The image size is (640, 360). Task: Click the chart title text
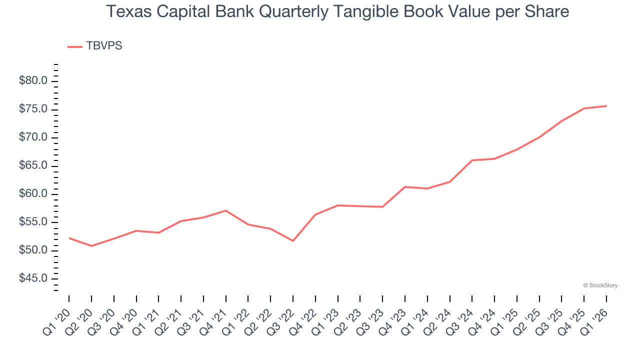tap(338, 11)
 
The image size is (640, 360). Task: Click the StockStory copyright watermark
tap(600, 285)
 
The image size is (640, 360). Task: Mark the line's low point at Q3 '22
tap(293, 241)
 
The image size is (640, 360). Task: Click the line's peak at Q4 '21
tap(226, 210)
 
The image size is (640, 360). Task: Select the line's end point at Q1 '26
tap(606, 106)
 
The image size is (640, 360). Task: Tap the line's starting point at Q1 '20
tap(69, 238)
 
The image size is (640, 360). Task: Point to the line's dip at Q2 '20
tap(91, 246)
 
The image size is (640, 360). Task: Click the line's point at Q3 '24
tap(472, 160)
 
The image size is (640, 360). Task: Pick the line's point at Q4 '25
tap(584, 108)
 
